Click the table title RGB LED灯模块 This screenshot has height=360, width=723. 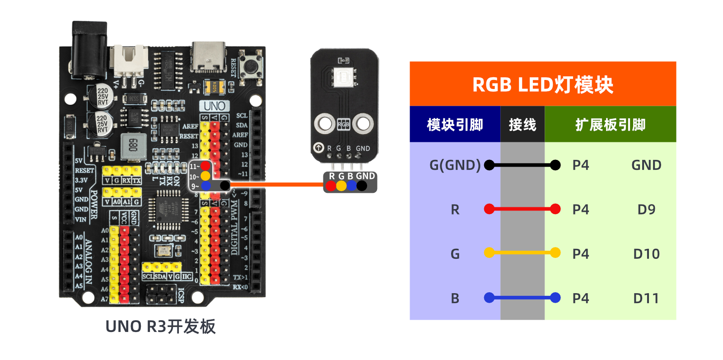coord(542,84)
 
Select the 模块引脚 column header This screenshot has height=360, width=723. coord(455,125)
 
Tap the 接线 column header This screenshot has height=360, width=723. coord(522,125)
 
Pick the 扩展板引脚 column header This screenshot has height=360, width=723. coord(610,125)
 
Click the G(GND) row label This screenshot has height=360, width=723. coord(455,165)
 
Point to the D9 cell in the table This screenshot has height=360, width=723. coord(646,210)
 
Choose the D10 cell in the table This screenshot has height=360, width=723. coord(646,254)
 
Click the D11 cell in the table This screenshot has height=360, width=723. coord(646,299)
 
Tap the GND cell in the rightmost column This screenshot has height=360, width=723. coord(646,165)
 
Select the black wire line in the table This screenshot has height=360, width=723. coord(522,165)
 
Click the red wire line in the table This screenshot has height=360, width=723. coord(522,209)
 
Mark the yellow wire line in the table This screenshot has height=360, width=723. coord(522,253)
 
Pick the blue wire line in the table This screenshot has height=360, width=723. coord(522,298)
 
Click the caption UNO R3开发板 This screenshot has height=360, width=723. coord(160,327)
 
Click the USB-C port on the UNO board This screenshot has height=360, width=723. coord(209,57)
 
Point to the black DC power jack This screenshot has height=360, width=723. coord(89,50)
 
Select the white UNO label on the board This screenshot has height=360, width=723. coord(215,106)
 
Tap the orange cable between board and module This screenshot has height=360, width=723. coord(275,184)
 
